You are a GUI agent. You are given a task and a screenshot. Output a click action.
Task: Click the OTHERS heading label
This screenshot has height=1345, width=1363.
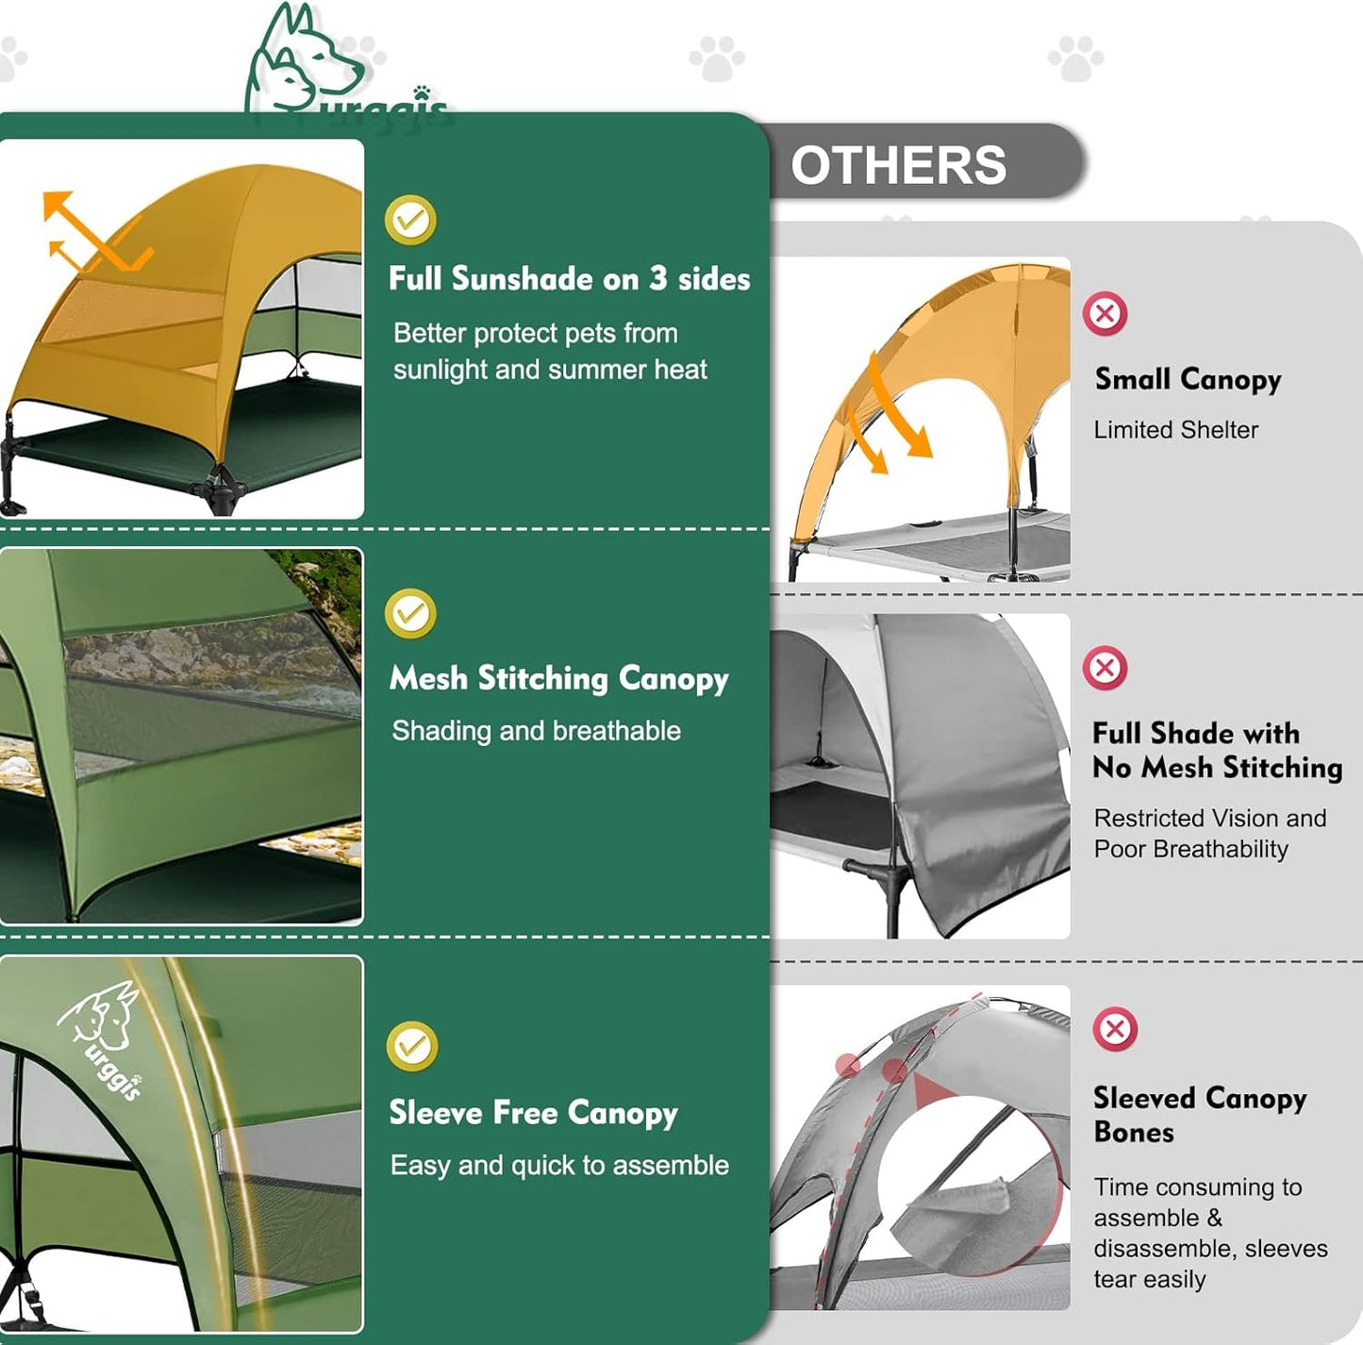pyautogui.click(x=898, y=165)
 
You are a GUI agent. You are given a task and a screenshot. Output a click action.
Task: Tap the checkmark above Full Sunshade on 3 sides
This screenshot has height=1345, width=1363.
pyautogui.click(x=410, y=220)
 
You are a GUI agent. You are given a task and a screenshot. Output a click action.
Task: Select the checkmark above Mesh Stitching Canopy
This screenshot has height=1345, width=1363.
pyautogui.click(x=410, y=614)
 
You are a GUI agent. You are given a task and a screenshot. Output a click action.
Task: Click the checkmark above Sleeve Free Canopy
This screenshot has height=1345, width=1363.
pyautogui.click(x=411, y=1046)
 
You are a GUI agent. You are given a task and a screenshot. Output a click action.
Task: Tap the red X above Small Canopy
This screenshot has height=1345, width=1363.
pyautogui.click(x=1105, y=313)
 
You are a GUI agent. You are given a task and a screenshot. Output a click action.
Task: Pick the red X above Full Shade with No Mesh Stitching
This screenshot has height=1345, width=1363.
pyautogui.click(x=1105, y=669)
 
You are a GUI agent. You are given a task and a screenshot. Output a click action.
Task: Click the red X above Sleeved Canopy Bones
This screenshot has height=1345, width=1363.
pyautogui.click(x=1115, y=1029)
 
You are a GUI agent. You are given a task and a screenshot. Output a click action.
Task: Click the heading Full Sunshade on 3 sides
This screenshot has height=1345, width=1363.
pyautogui.click(x=569, y=279)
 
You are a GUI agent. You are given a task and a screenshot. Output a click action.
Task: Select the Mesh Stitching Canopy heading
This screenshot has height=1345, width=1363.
pyautogui.click(x=558, y=678)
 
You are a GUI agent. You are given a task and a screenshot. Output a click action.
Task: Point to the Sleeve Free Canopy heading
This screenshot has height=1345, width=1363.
pyautogui.click(x=533, y=1113)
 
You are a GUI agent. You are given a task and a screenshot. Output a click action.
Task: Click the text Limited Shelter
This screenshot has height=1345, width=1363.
pyautogui.click(x=1175, y=430)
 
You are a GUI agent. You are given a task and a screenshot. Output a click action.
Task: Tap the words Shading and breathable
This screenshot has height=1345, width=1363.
pyautogui.click(x=536, y=731)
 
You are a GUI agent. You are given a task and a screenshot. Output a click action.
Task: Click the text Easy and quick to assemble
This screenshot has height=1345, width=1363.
pyautogui.click(x=559, y=1166)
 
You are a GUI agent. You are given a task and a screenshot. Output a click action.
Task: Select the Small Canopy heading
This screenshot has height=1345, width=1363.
pyautogui.click(x=1188, y=379)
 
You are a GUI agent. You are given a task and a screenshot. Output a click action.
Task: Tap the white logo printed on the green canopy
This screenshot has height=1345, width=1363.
pyautogui.click(x=102, y=1033)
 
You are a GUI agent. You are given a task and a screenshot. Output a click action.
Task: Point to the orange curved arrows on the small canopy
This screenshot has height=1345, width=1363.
pyautogui.click(x=891, y=415)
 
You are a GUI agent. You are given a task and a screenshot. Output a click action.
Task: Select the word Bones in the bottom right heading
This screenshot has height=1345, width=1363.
pyautogui.click(x=1133, y=1133)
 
